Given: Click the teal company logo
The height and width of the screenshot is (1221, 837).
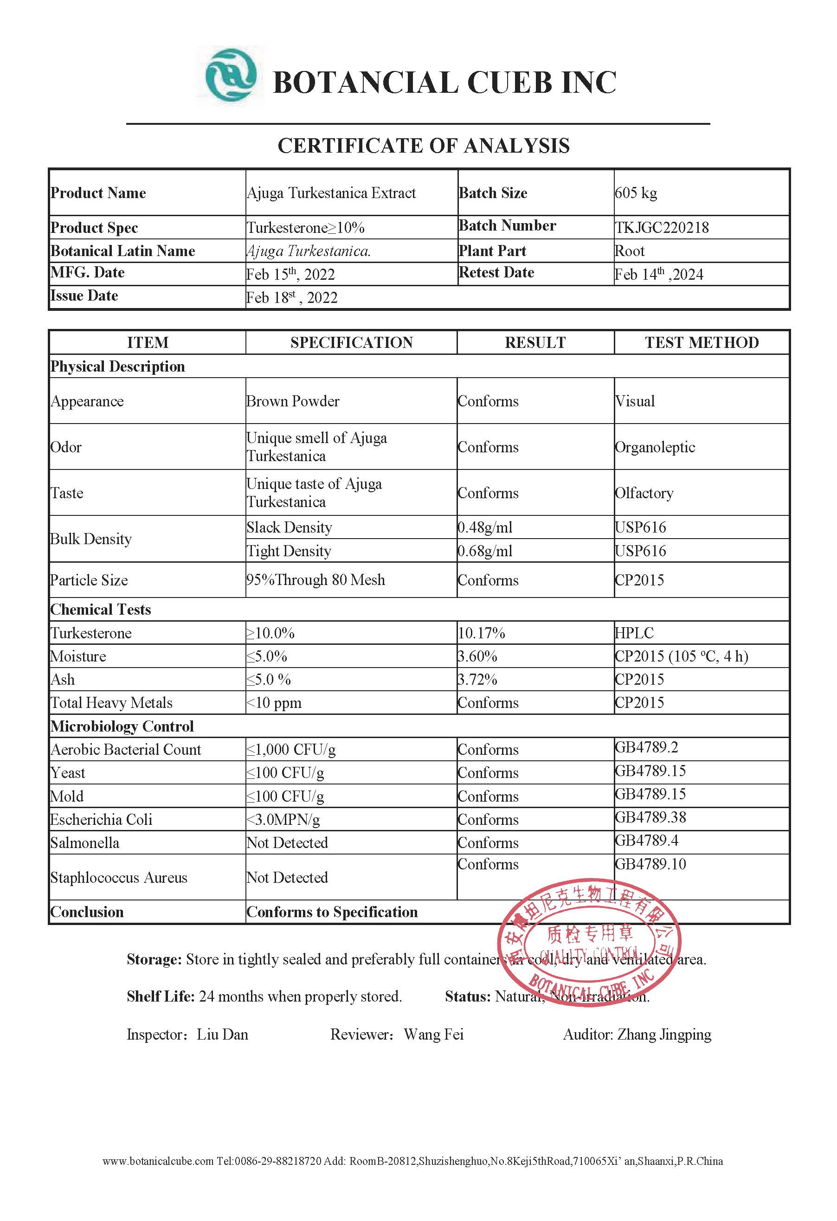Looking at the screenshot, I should [231, 75].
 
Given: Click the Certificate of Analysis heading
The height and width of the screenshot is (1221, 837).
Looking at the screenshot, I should [424, 146].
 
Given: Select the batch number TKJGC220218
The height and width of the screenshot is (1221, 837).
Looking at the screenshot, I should [662, 227].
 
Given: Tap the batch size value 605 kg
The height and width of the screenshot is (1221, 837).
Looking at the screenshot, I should [636, 193].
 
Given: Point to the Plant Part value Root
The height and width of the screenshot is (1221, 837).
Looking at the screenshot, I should [630, 251].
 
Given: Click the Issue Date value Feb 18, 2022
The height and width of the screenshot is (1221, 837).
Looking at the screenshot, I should [292, 298].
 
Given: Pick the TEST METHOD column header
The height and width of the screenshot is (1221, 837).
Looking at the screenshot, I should [702, 342].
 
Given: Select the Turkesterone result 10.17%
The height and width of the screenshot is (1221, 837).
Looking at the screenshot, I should [481, 633].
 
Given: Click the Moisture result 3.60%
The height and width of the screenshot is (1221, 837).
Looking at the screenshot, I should [477, 656].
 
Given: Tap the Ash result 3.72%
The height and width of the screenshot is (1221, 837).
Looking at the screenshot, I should [477, 679].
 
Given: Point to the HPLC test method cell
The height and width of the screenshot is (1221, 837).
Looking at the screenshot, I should [634, 633].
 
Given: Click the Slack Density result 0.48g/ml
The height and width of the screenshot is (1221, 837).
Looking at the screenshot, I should [484, 527].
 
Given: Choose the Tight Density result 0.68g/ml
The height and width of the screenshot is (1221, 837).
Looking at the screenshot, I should [484, 551].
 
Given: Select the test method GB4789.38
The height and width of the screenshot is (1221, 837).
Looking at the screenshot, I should [650, 817].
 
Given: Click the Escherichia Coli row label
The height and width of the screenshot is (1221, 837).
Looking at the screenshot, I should [102, 820].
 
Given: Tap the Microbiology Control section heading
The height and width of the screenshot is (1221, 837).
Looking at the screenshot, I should [122, 726].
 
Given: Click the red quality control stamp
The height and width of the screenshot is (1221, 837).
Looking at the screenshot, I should [589, 943].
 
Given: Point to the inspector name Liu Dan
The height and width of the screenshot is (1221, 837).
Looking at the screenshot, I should [222, 1035].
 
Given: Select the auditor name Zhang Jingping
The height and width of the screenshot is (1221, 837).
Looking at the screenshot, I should [664, 1035].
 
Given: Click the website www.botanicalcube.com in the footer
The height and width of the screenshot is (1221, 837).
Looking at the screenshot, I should [158, 1161].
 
